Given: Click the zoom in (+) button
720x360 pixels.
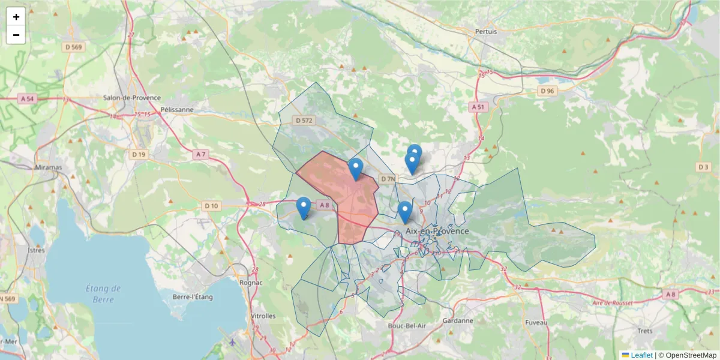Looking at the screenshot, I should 16,17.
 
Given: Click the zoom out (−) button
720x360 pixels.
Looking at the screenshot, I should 16,35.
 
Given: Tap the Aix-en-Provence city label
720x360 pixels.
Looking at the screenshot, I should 437,231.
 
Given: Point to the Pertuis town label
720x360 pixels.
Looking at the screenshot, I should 486,31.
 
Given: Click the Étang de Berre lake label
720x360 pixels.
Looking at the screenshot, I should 103,293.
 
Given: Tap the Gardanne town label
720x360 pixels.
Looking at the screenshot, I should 458,321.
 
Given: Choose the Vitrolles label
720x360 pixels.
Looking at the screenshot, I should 262,316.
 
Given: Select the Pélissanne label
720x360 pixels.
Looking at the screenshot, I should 178,110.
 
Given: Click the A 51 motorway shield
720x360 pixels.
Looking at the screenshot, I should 478,107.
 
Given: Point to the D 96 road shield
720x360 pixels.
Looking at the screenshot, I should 547,91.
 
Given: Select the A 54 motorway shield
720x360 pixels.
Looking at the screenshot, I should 26,98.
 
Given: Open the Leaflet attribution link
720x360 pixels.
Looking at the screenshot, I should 641,355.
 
